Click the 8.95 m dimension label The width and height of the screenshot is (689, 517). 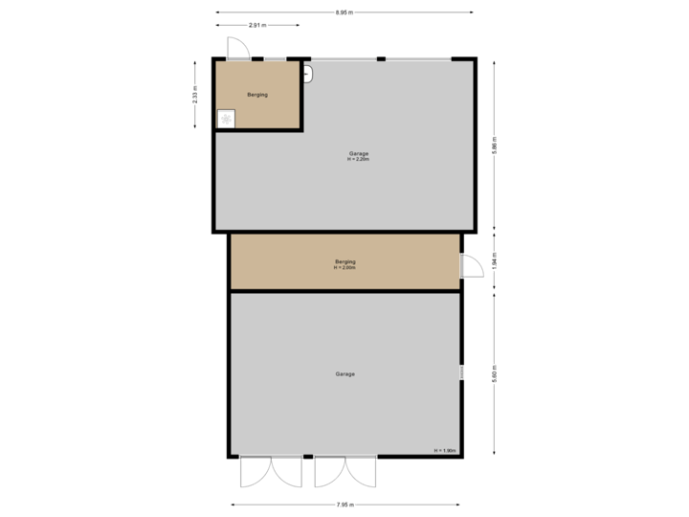pyautogui.click(x=344, y=12)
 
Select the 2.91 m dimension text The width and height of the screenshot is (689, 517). pyautogui.click(x=256, y=24)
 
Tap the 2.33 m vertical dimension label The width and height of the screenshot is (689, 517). pyautogui.click(x=195, y=96)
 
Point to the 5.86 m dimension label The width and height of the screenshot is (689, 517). pyautogui.click(x=494, y=146)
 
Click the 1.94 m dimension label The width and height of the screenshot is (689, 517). pyautogui.click(x=494, y=261)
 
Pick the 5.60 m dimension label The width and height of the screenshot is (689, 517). pyautogui.click(x=494, y=373)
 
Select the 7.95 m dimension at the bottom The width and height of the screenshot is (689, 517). pyautogui.click(x=345, y=505)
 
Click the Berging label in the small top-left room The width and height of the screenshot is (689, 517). pyautogui.click(x=256, y=95)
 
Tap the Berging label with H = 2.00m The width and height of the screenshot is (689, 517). pyautogui.click(x=345, y=263)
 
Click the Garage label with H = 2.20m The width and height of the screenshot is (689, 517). pyautogui.click(x=358, y=155)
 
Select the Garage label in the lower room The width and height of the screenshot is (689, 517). pyautogui.click(x=344, y=373)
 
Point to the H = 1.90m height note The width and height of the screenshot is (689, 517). pyautogui.click(x=445, y=450)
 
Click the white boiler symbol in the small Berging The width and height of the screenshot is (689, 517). pyautogui.click(x=227, y=119)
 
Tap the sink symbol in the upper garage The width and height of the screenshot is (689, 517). pyautogui.click(x=307, y=73)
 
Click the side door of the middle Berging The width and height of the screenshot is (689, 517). pyautogui.click(x=470, y=265)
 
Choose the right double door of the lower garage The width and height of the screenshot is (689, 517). pyautogui.click(x=344, y=470)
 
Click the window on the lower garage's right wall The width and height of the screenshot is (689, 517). pyautogui.click(x=461, y=372)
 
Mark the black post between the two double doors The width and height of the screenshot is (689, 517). pyautogui.click(x=307, y=457)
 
